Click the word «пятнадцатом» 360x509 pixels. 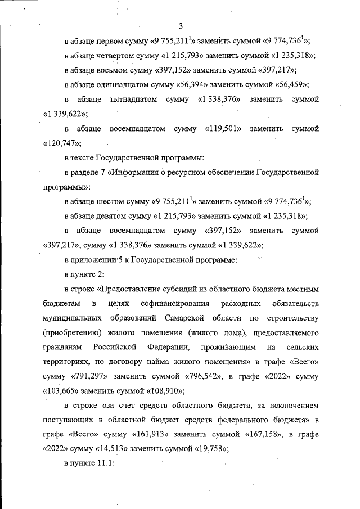pyautogui.click(x=133, y=99)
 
